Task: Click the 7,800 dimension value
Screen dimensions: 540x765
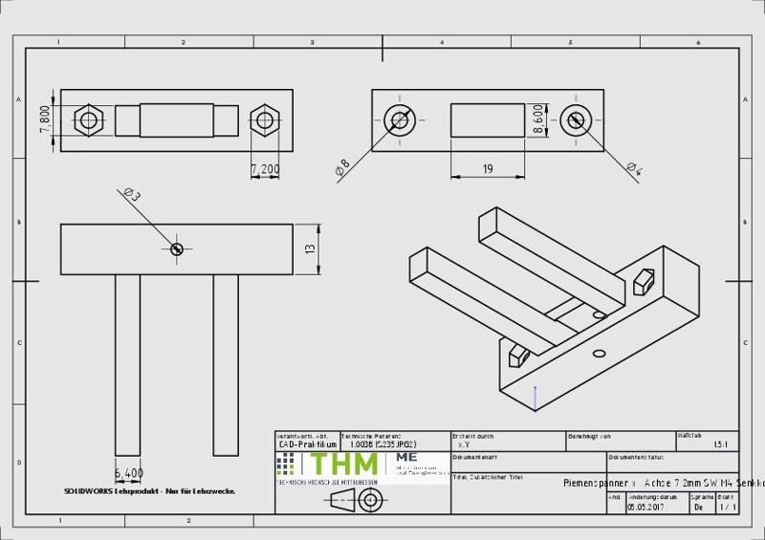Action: [44, 120]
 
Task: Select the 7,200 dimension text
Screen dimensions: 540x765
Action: [265, 169]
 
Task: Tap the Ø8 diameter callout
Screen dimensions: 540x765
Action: [342, 168]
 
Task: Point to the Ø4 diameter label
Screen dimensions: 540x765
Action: [634, 169]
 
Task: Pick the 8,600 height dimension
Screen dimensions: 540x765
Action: [538, 120]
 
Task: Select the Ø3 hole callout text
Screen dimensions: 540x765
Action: [132, 195]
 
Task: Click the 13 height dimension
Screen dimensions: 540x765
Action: [310, 248]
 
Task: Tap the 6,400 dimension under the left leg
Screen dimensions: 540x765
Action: [128, 472]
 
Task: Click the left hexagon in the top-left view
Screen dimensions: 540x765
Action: [90, 120]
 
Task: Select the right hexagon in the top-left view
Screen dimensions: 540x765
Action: [263, 120]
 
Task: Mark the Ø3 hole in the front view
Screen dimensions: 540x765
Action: [176, 248]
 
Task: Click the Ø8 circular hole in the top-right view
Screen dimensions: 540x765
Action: [399, 120]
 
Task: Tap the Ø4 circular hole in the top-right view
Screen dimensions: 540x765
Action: [575, 120]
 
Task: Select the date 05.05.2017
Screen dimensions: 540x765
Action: [646, 508]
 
